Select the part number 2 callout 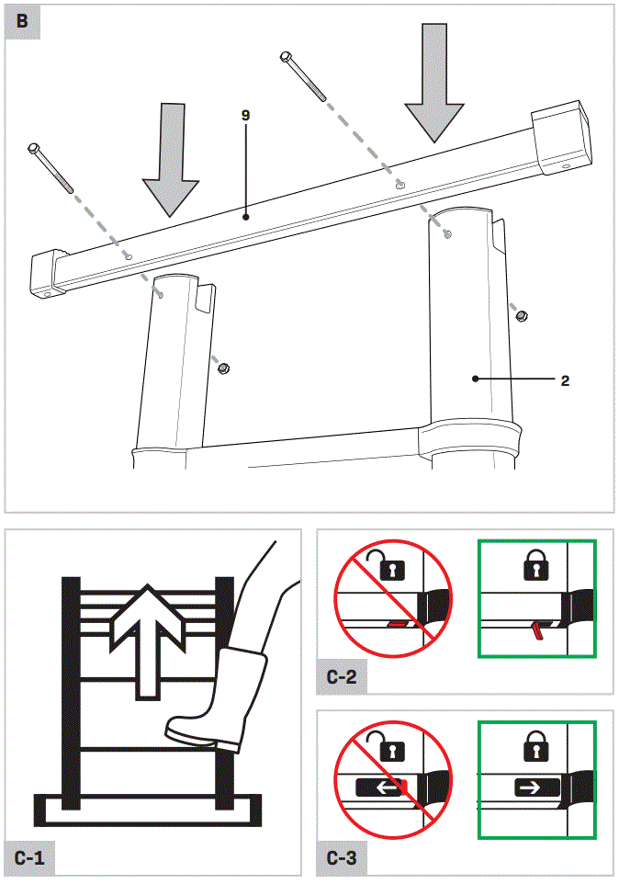coord(564,379)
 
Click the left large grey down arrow coord(170,156)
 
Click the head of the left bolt coord(35,148)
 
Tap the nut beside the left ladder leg coord(223,368)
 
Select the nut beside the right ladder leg coord(521,316)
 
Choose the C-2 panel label coord(342,679)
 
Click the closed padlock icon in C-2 coord(535,566)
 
